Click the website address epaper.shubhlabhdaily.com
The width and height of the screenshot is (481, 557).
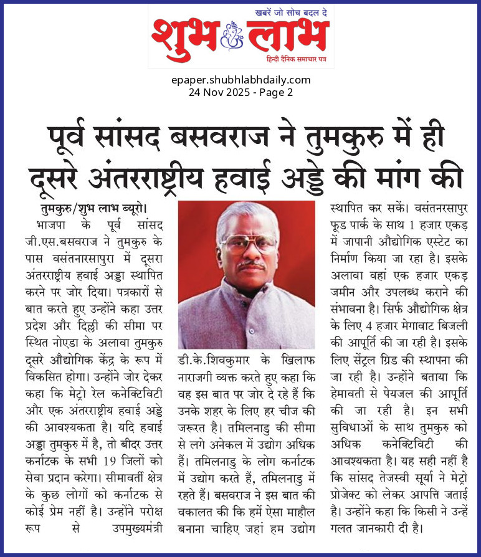click(240, 80)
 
